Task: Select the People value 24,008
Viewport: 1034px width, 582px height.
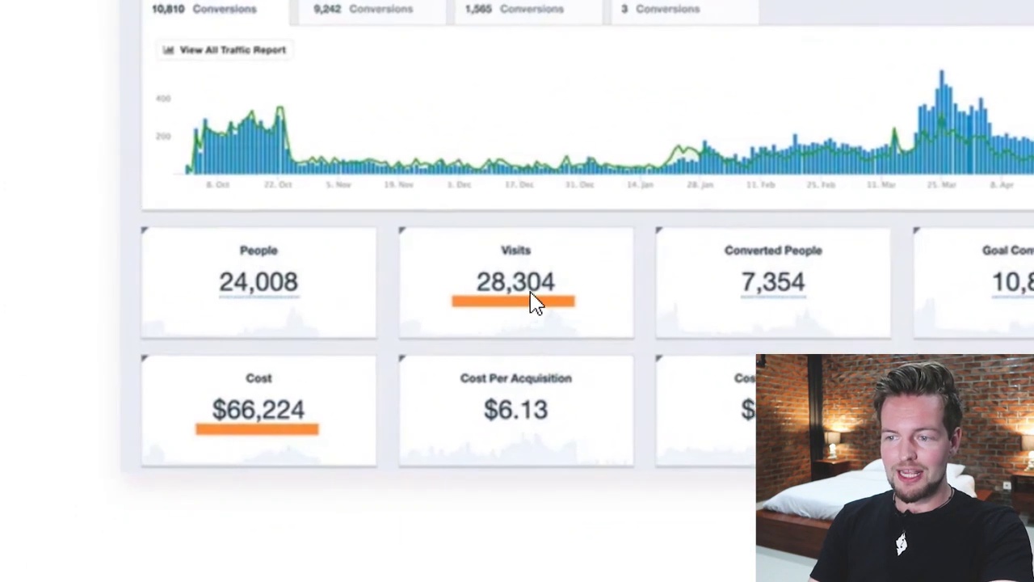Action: coord(258,282)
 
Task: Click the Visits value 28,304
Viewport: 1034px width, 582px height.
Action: coord(515,282)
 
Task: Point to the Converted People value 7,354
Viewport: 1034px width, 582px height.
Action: coord(772,282)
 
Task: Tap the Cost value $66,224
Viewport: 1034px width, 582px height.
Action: coord(258,410)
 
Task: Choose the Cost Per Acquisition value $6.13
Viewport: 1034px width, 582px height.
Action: coord(515,410)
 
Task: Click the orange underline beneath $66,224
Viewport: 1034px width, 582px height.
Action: coord(257,429)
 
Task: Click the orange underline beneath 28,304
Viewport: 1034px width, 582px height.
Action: coord(513,302)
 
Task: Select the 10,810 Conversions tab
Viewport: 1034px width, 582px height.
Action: coord(204,9)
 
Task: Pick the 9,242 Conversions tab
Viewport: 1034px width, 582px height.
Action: coord(363,9)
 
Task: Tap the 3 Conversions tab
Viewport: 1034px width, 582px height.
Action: coord(660,9)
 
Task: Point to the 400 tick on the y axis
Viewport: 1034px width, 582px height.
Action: coord(163,99)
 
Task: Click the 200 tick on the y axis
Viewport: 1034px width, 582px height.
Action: coord(163,137)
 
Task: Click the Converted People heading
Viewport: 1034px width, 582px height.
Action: coord(772,251)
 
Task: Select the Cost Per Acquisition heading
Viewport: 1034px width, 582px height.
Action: coord(515,378)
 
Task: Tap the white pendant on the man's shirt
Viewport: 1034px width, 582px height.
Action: coord(901,544)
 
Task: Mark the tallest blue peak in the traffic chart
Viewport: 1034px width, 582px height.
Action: coord(941,74)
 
